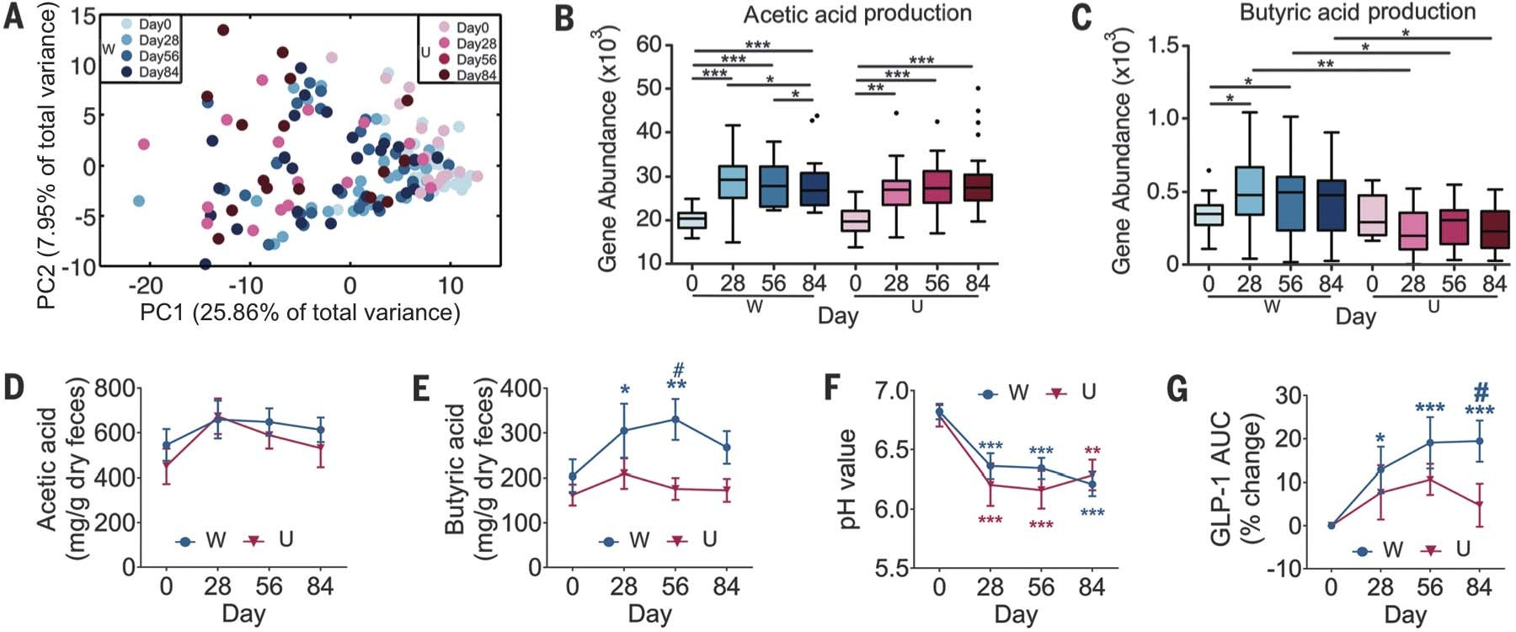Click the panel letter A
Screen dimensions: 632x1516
(x=14, y=16)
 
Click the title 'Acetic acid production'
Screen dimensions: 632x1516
(x=857, y=13)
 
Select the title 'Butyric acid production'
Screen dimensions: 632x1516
(x=1357, y=12)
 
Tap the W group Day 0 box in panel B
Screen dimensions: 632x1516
(x=691, y=220)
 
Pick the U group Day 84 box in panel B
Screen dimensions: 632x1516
(x=977, y=187)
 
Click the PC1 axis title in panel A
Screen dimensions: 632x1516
(x=300, y=313)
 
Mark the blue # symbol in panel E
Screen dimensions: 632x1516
(x=678, y=369)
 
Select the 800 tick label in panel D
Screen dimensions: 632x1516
(x=115, y=388)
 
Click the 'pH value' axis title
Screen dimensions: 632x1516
(x=848, y=479)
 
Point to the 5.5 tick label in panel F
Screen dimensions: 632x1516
(x=892, y=569)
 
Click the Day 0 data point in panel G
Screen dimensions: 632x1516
(x=1332, y=525)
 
